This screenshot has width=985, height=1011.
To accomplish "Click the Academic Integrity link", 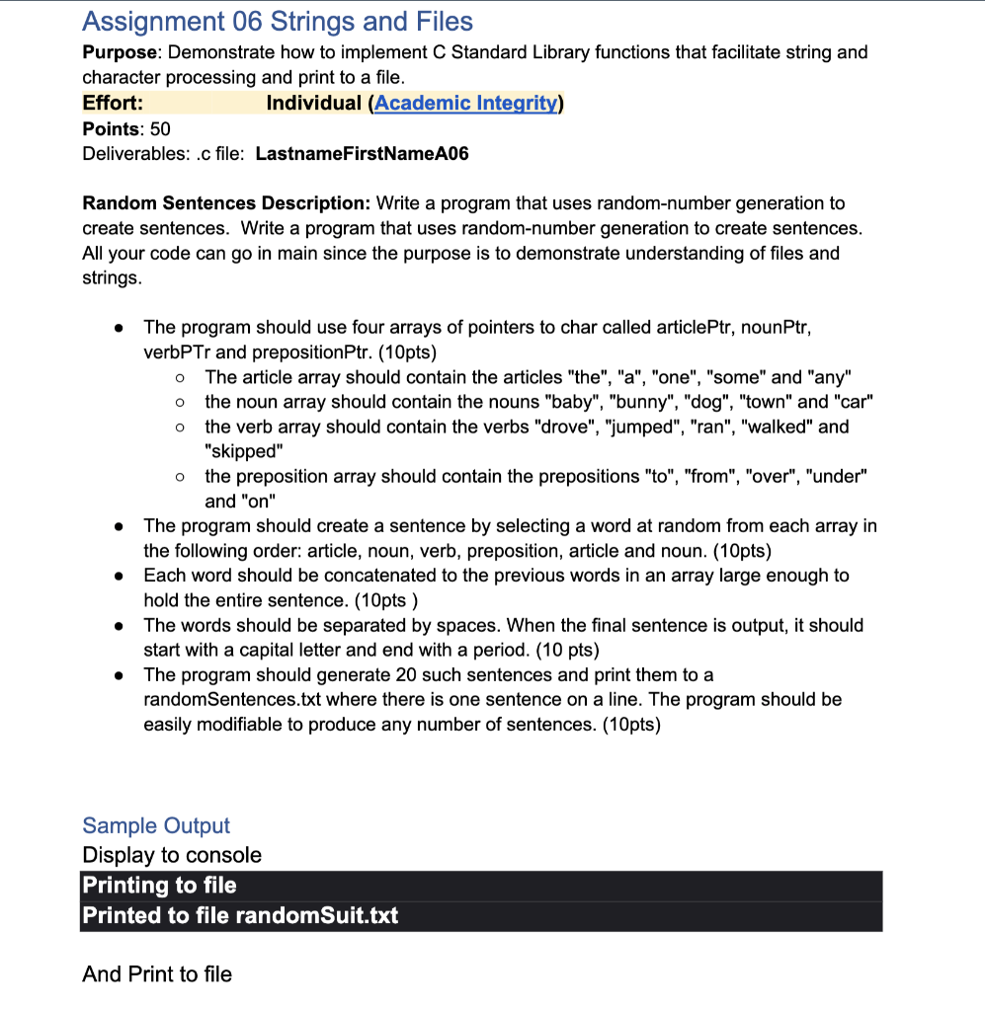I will (466, 104).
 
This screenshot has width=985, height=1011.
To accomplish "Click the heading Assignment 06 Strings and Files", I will (278, 22).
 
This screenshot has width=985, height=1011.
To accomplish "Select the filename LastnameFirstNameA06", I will (362, 153).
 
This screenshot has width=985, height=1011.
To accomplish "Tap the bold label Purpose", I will (117, 52).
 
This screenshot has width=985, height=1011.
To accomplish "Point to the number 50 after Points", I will (160, 128).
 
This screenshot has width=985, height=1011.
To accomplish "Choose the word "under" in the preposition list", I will (836, 476).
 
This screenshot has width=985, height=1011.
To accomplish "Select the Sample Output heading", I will (156, 825).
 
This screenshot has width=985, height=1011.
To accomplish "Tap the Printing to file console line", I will (160, 886).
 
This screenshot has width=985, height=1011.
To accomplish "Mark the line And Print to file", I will (157, 974).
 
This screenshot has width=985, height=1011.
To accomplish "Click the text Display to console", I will (172, 855).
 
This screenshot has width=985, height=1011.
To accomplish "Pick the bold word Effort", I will (112, 104).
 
